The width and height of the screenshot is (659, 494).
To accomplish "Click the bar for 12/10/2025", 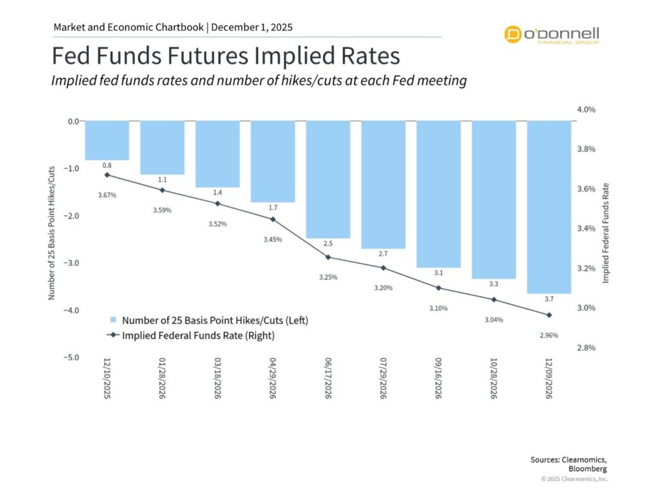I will click(x=107, y=140).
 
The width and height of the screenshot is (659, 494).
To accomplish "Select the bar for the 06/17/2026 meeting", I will click(x=328, y=179).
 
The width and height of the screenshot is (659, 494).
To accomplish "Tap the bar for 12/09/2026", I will click(x=549, y=207).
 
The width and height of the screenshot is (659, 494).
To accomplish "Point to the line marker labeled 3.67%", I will click(x=107, y=175).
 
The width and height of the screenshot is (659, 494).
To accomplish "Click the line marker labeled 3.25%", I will click(x=328, y=257).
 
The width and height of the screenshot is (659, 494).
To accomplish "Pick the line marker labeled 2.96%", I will click(x=549, y=315).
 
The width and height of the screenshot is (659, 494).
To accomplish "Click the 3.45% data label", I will click(x=272, y=239).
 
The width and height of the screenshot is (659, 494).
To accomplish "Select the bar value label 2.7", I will click(x=384, y=254).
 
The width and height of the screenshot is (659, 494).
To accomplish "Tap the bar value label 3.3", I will click(x=494, y=284).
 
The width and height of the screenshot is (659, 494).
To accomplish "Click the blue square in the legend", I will click(x=113, y=320).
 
